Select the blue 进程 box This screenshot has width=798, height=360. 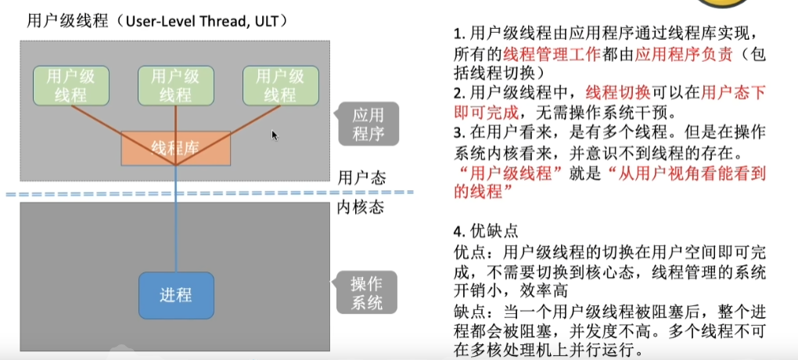point(176,294)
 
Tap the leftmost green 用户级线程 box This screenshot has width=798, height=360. point(71,85)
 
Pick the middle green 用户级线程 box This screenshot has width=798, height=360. point(176,85)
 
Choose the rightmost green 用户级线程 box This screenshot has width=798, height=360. point(280,85)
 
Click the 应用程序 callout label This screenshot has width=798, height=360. point(368,124)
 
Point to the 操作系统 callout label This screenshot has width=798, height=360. point(367,293)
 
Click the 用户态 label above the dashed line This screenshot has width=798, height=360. point(361,177)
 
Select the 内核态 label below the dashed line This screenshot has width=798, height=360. point(361,207)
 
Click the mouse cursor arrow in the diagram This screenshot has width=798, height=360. point(275,135)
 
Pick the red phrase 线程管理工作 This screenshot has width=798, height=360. point(541,55)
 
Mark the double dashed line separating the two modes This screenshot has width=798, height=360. point(211,193)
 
